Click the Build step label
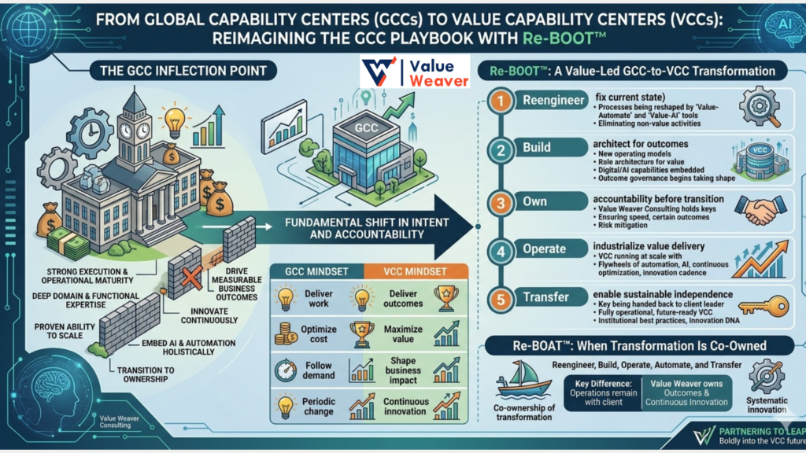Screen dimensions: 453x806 537,148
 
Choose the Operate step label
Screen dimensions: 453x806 544,249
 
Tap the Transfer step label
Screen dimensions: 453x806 545,298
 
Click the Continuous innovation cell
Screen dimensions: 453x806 405,407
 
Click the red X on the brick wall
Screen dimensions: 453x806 188,276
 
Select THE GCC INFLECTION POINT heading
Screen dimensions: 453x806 183,72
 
